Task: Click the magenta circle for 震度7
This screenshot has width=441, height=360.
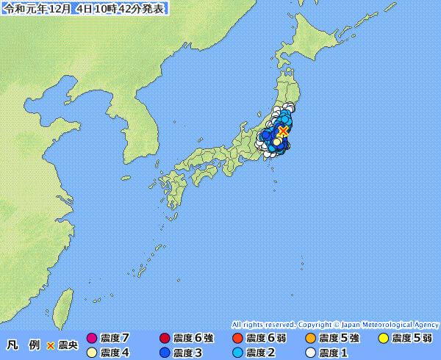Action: pyautogui.click(x=92, y=338)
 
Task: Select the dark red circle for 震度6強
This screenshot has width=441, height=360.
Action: pyautogui.click(x=165, y=338)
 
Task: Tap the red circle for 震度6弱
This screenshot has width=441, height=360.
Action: pyautogui.click(x=237, y=338)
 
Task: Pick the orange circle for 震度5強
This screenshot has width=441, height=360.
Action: pyautogui.click(x=310, y=338)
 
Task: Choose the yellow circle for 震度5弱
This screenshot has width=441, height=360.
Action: pyautogui.click(x=383, y=338)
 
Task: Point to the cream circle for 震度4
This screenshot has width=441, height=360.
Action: pyautogui.click(x=92, y=353)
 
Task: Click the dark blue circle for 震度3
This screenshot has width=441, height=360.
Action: pyautogui.click(x=165, y=353)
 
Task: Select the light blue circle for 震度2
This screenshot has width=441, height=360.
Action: pyautogui.click(x=237, y=353)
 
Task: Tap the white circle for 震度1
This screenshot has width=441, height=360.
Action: pyautogui.click(x=310, y=353)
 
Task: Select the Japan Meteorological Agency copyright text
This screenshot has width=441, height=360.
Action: pyautogui.click(x=335, y=324)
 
